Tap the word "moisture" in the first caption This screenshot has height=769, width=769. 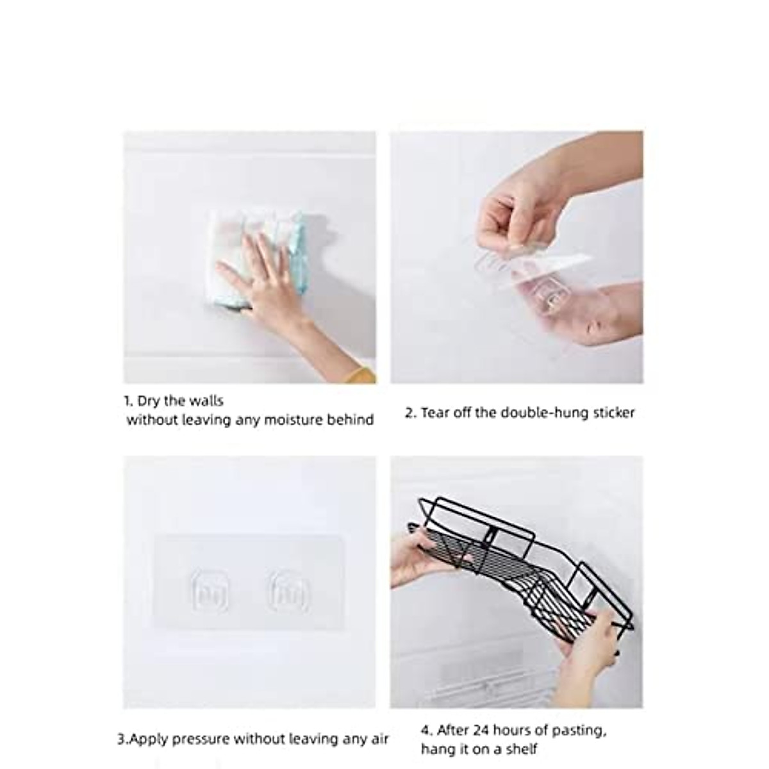click(296, 420)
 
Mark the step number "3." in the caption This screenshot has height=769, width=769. click(122, 739)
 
